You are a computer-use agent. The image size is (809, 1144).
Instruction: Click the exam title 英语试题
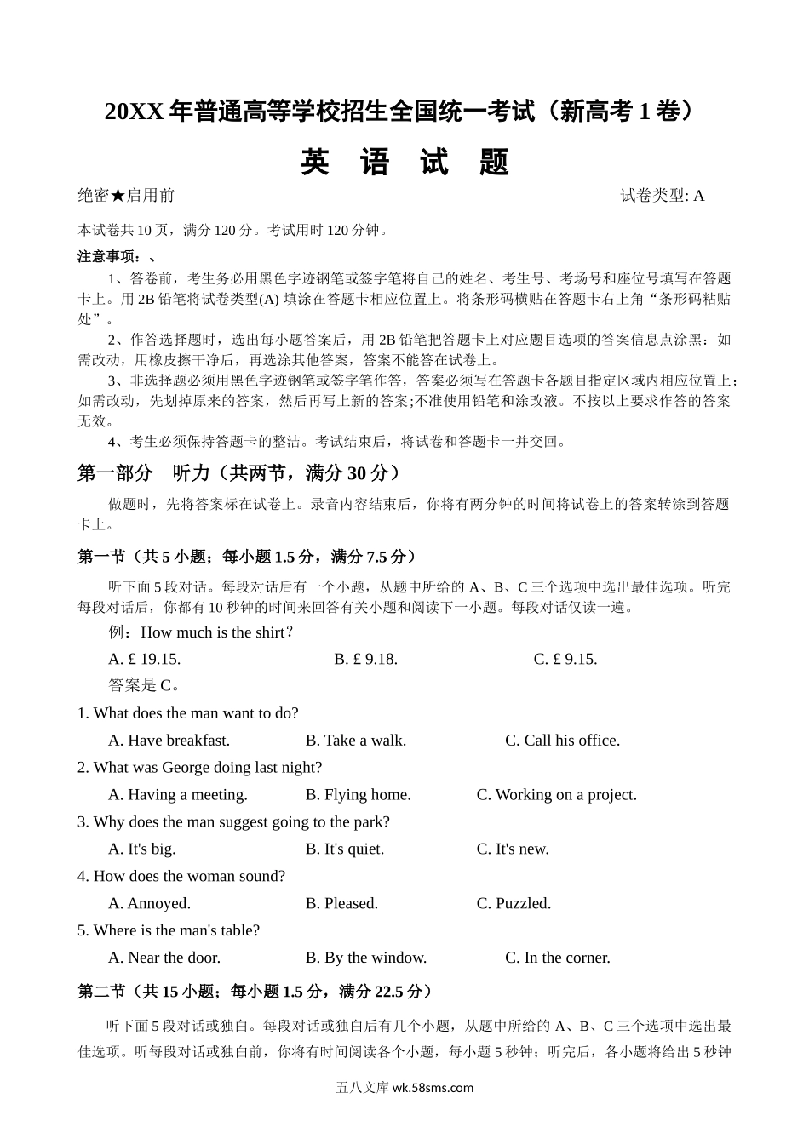tap(404, 162)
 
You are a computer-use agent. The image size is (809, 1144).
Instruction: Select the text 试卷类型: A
tap(662, 196)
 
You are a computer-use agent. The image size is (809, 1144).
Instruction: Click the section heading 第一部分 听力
tap(238, 473)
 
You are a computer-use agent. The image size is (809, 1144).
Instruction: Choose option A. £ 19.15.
tap(145, 659)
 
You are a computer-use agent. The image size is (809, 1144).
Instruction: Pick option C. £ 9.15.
tap(565, 659)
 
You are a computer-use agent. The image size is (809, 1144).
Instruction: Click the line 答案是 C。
tap(145, 685)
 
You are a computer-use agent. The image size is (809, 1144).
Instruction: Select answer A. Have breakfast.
tap(169, 741)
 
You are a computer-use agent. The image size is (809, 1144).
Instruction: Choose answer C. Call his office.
tap(562, 741)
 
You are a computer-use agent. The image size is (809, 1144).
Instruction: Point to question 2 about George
tap(199, 768)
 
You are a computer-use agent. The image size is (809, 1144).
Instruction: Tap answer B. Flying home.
tap(358, 795)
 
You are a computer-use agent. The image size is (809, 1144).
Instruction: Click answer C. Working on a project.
tap(556, 795)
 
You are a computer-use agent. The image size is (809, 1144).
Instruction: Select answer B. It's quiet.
tap(344, 849)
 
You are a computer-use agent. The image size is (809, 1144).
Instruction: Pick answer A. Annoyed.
tap(149, 904)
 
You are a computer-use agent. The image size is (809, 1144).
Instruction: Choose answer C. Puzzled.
tap(514, 904)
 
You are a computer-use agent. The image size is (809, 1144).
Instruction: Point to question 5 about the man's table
tap(169, 931)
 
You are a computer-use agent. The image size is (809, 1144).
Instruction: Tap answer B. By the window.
tap(365, 958)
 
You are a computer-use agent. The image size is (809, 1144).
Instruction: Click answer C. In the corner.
tap(557, 958)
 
